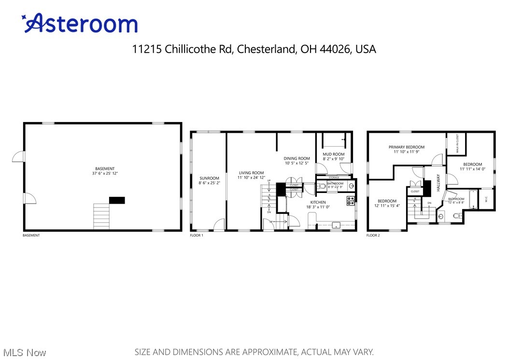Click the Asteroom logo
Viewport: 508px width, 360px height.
(79, 24)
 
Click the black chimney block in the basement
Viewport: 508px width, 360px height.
(117, 200)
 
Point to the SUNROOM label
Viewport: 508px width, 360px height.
(209, 178)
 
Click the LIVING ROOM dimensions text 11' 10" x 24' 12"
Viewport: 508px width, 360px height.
(251, 178)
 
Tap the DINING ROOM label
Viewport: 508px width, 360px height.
(296, 158)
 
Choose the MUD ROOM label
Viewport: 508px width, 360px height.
(333, 154)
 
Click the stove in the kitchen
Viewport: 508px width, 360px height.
(351, 201)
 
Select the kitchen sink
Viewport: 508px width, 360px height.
(336, 225)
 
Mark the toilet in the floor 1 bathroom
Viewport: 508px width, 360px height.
(323, 186)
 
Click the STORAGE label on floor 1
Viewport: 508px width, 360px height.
(334, 178)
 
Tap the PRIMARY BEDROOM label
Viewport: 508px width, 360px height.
(407, 147)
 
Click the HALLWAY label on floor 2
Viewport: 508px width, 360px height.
(439, 183)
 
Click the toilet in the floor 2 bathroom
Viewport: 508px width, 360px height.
(457, 216)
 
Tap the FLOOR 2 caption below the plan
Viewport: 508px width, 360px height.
(373, 235)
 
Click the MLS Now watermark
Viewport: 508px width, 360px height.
(23, 353)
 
